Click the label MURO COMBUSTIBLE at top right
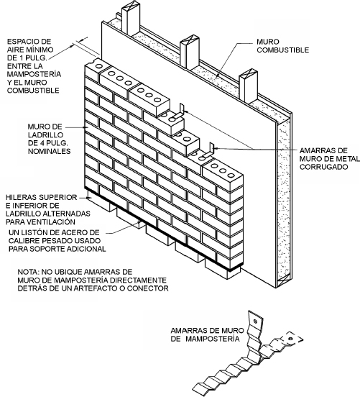coord(283,46)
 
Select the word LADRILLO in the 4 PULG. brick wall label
coord(45,134)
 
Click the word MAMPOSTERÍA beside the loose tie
coord(212,339)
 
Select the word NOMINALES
coord(49,151)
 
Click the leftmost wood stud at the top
coord(131,18)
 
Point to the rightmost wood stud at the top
coord(249,86)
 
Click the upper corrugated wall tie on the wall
coord(179,112)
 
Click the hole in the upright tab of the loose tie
coord(255,321)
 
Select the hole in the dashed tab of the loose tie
coord(291,339)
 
